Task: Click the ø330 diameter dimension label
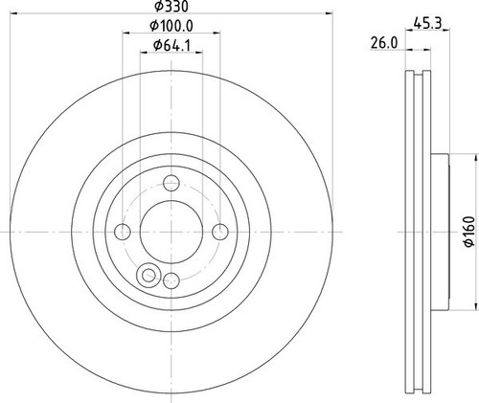pyautogui.click(x=171, y=6)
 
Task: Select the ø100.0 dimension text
pyautogui.click(x=171, y=26)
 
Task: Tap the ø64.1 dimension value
pyautogui.click(x=171, y=46)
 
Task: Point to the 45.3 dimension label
pyautogui.click(x=427, y=23)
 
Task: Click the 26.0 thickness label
pyautogui.click(x=384, y=43)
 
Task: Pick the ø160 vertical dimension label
pyautogui.click(x=469, y=232)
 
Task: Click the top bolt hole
pyautogui.click(x=171, y=183)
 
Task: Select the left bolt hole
pyautogui.click(x=123, y=232)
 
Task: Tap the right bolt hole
pyautogui.click(x=220, y=232)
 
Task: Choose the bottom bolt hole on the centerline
pyautogui.click(x=171, y=280)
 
